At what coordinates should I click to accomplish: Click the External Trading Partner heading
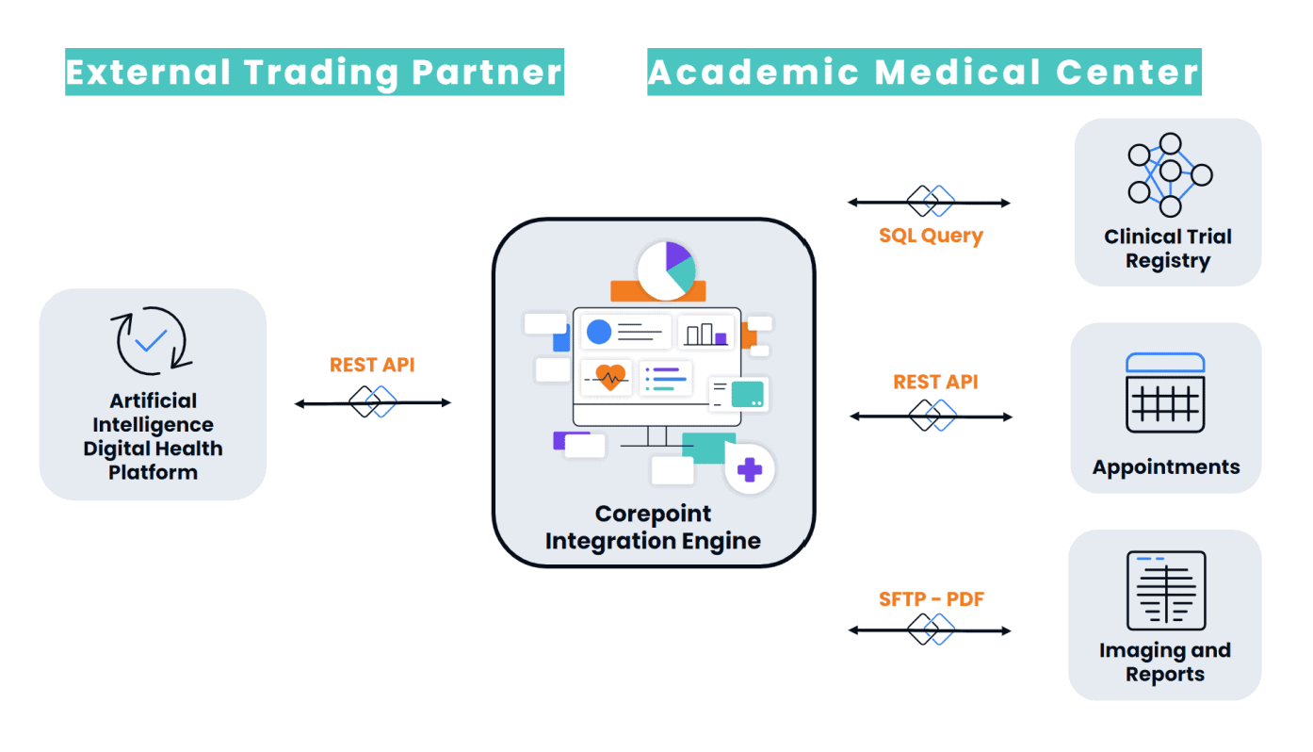[314, 73]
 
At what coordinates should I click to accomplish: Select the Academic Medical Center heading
[924, 73]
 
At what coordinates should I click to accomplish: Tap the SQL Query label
[931, 236]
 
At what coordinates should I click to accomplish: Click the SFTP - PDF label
[931, 598]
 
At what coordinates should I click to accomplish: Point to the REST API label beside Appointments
[935, 382]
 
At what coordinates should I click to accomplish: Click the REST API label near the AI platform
[372, 365]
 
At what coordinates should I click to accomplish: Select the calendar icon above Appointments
[1165, 393]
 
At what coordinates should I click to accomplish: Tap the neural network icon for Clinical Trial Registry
[1169, 174]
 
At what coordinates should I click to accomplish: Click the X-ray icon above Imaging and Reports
[1166, 590]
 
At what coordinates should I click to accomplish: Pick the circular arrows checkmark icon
[152, 340]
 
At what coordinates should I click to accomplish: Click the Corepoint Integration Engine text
[653, 527]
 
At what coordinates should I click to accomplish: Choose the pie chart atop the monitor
[666, 270]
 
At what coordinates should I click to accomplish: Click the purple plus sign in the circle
[750, 469]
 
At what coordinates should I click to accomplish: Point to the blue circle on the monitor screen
[598, 332]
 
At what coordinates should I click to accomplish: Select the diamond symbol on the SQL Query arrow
[931, 202]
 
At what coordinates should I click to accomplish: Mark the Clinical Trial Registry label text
[1168, 249]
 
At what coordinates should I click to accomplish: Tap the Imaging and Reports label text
[1165, 662]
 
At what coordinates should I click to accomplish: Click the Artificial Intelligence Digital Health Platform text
[153, 436]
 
